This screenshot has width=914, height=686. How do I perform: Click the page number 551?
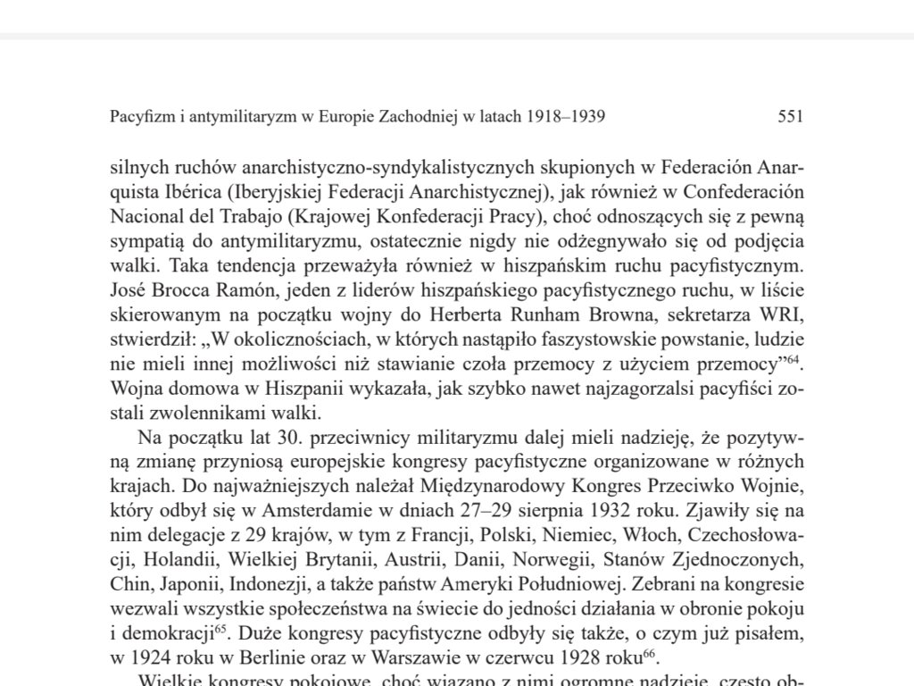[x=791, y=117]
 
